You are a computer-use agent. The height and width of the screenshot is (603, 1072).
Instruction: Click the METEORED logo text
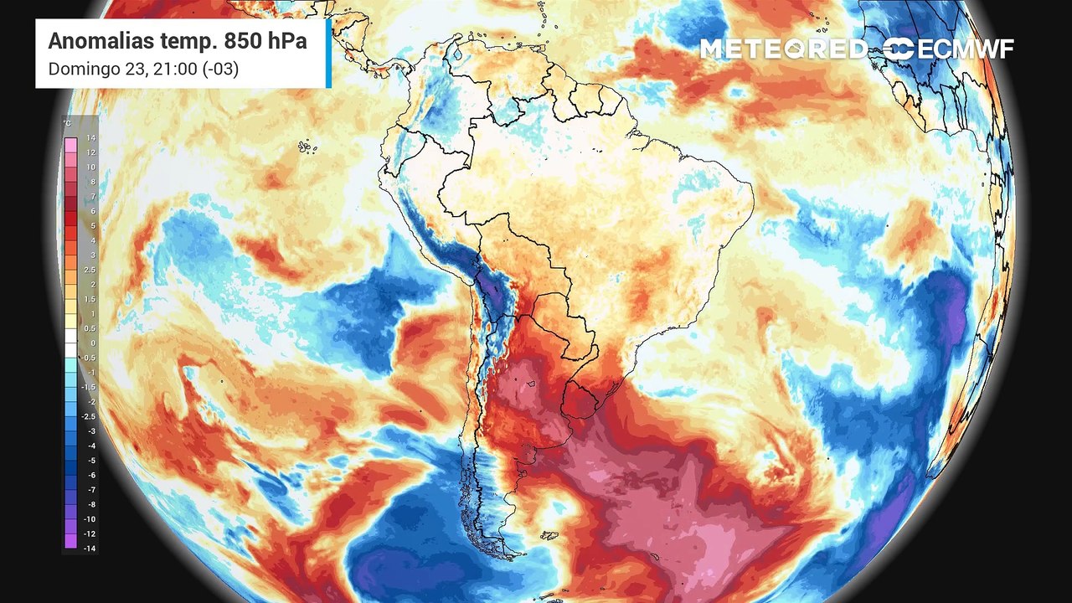783,49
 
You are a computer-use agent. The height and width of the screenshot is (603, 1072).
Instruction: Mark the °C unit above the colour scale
67,124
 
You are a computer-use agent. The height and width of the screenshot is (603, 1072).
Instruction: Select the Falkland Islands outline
549,534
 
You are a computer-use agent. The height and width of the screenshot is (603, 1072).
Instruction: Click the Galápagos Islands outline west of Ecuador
307,147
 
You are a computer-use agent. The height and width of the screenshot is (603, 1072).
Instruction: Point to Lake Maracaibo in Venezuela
457,62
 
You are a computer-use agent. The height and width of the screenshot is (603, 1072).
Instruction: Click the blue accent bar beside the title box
329,53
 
